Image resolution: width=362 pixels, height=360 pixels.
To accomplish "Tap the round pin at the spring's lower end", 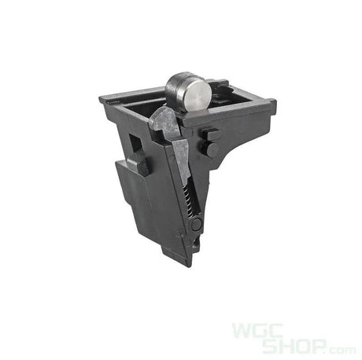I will click(x=197, y=224).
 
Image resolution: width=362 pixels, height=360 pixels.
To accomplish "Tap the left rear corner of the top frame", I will click(x=105, y=100).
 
